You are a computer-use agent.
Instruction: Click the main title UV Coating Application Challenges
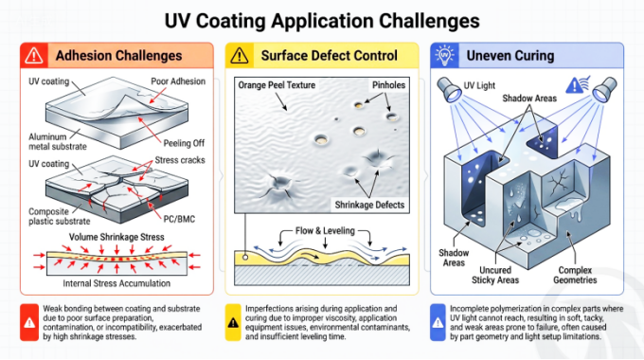[322, 21]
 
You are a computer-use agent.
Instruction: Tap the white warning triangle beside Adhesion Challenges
[34, 56]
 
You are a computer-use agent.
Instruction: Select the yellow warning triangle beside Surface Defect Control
[239, 56]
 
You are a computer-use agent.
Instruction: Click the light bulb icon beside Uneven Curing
[444, 55]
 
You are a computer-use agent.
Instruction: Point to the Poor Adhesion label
[178, 81]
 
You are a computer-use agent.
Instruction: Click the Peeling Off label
[184, 143]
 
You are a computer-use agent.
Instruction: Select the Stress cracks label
[180, 160]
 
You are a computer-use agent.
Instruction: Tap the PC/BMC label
[179, 219]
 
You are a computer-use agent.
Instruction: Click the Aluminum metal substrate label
[58, 142]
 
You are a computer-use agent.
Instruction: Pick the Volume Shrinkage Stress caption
[116, 237]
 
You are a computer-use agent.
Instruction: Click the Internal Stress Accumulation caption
[116, 283]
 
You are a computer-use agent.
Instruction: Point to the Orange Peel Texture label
[277, 85]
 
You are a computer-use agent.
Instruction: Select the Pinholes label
[388, 85]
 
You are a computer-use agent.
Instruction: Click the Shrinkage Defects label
[369, 205]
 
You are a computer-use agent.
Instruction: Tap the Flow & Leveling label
[325, 231]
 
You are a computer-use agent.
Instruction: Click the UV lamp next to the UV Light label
[449, 90]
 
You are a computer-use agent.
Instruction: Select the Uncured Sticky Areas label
[495, 275]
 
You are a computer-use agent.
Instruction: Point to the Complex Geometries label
[575, 275]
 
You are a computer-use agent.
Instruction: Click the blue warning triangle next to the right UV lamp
[574, 86]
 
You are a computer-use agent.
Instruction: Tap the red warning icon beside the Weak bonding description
[29, 323]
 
